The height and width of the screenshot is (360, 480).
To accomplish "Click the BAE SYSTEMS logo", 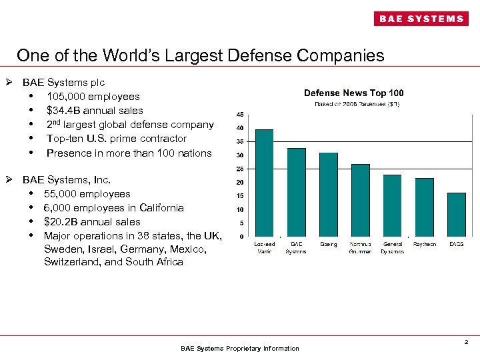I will [x=421, y=19].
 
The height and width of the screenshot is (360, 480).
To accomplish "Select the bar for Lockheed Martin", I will [x=265, y=183].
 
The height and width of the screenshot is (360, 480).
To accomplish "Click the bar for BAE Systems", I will [x=296, y=192].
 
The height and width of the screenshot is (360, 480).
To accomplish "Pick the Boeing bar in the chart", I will [x=328, y=195].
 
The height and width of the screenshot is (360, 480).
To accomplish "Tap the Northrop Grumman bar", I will [x=360, y=200].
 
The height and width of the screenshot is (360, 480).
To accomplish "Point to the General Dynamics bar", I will [x=392, y=205].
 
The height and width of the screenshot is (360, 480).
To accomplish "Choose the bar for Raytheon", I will [x=424, y=207].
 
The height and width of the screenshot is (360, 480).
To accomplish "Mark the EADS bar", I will [x=456, y=215].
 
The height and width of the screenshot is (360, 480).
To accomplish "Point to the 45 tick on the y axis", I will [x=239, y=114].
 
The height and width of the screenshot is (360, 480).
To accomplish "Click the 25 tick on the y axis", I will [x=239, y=169].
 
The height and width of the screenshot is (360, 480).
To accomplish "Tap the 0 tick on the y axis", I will [x=241, y=237].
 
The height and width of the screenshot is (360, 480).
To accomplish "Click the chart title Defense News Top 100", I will [x=353, y=93].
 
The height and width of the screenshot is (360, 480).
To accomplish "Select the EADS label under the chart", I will [x=456, y=245].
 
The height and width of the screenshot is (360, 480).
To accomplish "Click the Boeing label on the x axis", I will [x=328, y=245].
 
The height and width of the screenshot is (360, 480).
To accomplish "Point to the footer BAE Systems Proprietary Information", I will [x=240, y=349].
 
